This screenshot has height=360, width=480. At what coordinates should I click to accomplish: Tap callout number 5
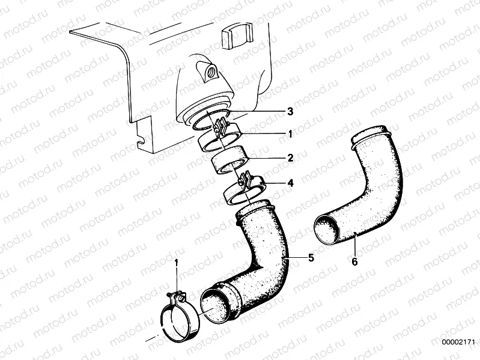[311, 258]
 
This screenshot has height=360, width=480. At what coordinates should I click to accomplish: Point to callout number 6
[354, 261]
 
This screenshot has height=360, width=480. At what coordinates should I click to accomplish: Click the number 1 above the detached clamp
[177, 263]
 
